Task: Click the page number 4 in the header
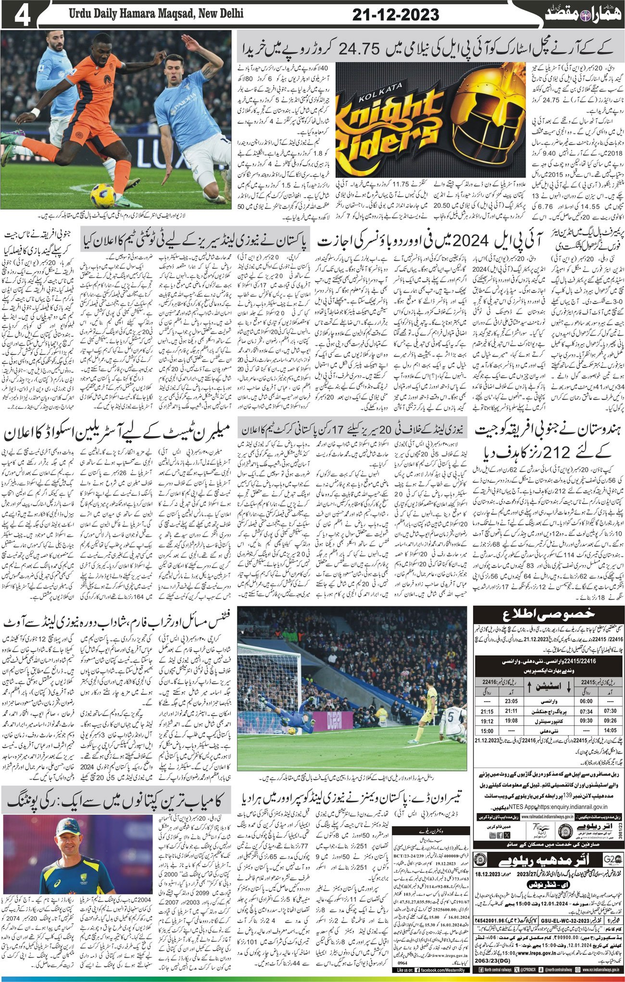tap(23, 15)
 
